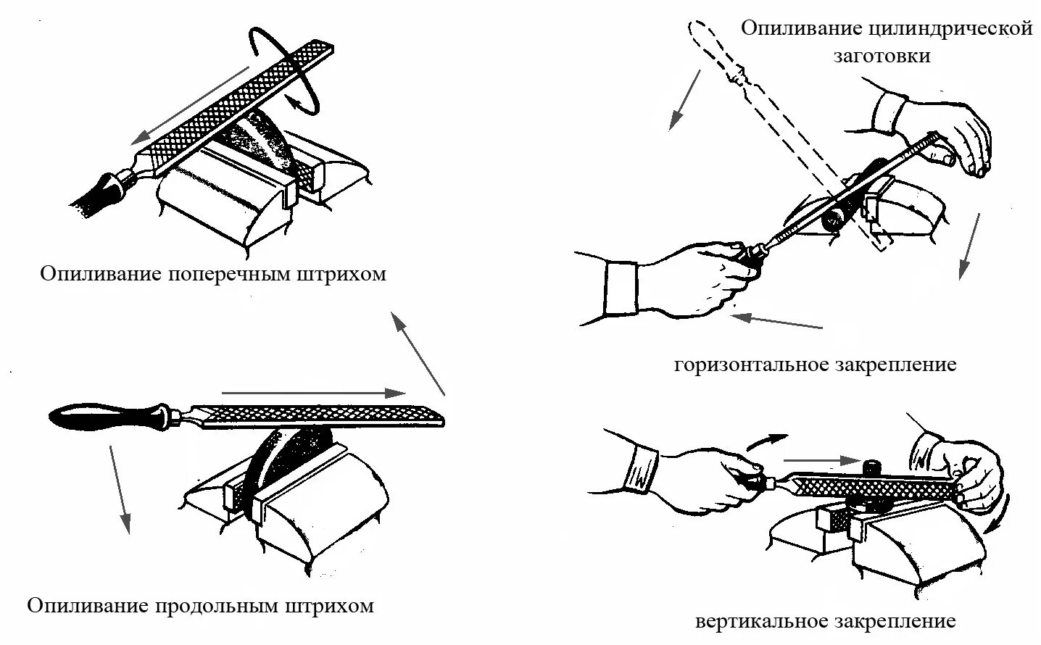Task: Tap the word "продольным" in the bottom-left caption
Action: (x=217, y=605)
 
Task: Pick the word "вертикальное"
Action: (x=762, y=621)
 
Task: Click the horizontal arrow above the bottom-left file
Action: (x=312, y=393)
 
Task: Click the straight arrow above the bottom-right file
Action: (x=816, y=460)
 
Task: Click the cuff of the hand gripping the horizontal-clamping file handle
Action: (x=620, y=286)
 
